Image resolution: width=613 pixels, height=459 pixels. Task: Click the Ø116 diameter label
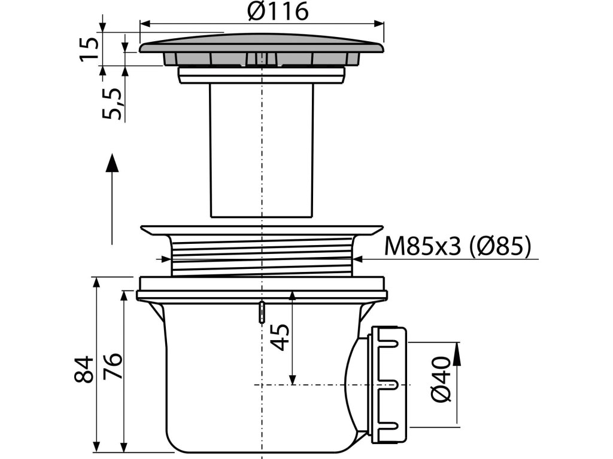(x=278, y=11)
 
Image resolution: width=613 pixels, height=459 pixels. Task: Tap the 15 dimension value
(x=89, y=49)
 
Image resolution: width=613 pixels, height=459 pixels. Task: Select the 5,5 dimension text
(x=113, y=103)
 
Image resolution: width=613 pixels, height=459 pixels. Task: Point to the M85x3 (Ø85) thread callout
(x=458, y=246)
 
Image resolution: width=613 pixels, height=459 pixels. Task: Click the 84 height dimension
(x=84, y=369)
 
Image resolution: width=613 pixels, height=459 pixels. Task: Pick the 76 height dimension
(x=113, y=366)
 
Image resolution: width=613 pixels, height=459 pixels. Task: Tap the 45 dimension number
(x=280, y=337)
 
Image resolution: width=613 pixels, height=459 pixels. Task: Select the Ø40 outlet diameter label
(x=441, y=379)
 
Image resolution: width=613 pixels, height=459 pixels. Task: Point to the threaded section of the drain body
(x=262, y=256)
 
